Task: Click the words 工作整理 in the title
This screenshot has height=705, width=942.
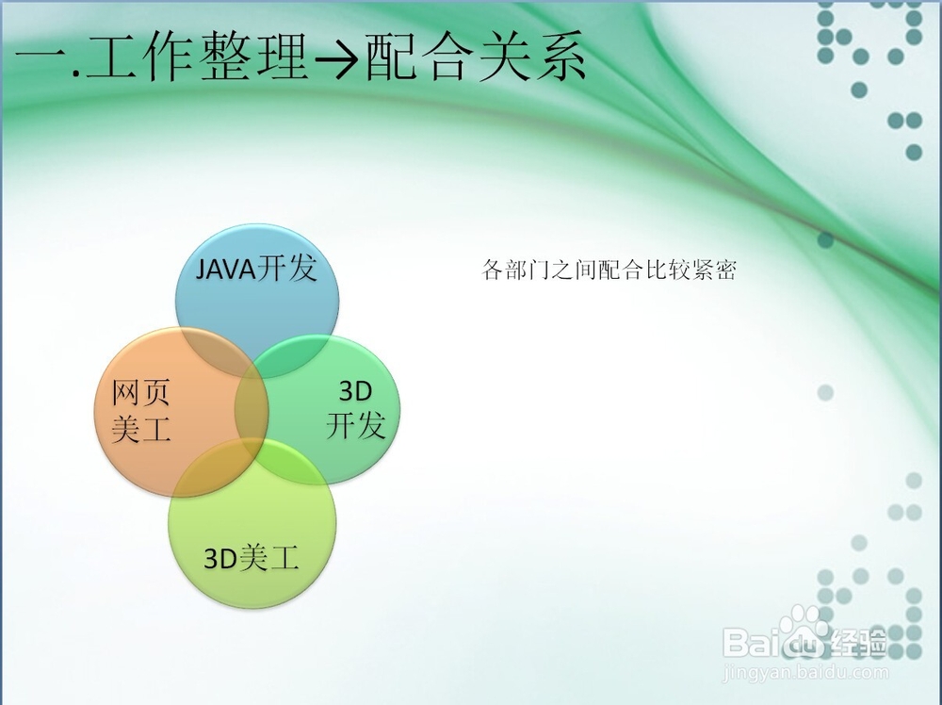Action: click(x=197, y=57)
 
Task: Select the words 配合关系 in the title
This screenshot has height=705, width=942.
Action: click(x=475, y=57)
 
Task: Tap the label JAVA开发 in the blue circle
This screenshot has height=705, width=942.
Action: click(x=256, y=268)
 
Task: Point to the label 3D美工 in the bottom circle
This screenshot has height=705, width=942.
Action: click(x=252, y=558)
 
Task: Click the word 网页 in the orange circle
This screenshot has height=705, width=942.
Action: click(x=141, y=392)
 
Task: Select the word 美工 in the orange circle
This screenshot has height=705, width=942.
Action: click(x=141, y=429)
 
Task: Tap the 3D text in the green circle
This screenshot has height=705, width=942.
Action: click(x=356, y=391)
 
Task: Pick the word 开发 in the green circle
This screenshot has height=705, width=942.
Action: click(x=356, y=425)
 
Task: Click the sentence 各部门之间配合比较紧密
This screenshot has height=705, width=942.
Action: click(x=609, y=270)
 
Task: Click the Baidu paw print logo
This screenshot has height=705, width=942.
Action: click(x=804, y=631)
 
